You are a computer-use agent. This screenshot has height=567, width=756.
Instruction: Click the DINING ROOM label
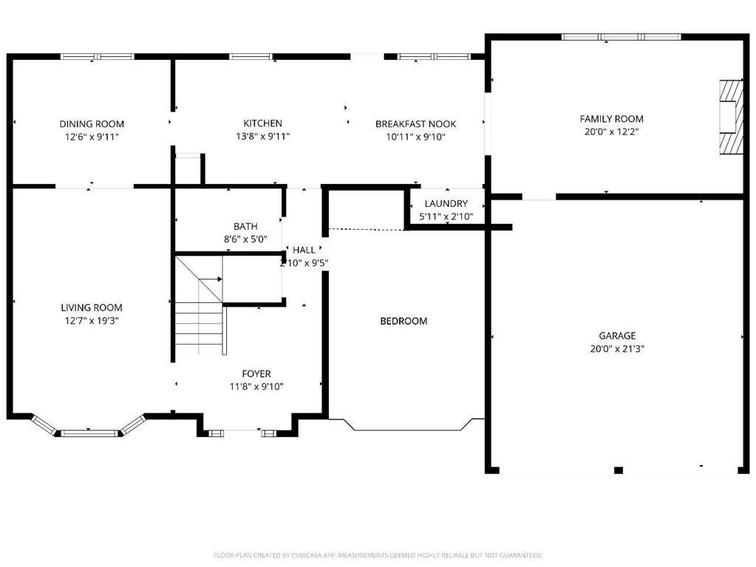pos(92,124)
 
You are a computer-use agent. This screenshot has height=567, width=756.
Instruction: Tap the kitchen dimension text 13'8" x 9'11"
pos(263,137)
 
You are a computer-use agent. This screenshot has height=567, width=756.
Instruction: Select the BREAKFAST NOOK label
pos(415,124)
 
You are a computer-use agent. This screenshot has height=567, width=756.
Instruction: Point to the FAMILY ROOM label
pos(611,118)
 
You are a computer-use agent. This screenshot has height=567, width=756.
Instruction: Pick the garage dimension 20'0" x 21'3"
pos(617,349)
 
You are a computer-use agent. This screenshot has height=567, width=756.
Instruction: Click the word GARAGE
pos(617,336)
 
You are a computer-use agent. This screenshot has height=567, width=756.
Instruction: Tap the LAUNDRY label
pos(446,203)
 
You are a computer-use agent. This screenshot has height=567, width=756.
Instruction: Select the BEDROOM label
pos(403,321)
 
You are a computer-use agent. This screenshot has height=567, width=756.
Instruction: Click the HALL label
pos(304,250)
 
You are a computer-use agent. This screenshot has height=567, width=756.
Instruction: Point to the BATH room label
pos(245,226)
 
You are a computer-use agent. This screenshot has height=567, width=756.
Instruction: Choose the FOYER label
pos(256,373)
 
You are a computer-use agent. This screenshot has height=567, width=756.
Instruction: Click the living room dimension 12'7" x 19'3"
pos(92,321)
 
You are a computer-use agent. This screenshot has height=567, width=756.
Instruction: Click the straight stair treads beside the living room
pos(200,329)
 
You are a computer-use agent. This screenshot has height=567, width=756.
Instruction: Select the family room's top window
pos(622,37)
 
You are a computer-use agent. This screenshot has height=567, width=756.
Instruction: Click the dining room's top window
pos(98,56)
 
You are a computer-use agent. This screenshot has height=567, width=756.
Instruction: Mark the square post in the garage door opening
pos(618,470)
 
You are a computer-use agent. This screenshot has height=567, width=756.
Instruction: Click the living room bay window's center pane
pos(89,433)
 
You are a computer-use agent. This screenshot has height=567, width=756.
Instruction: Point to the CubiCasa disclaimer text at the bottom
pos(378,555)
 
